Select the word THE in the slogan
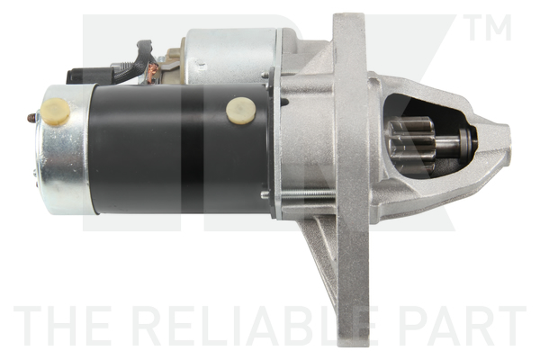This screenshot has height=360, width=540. pos(61,328)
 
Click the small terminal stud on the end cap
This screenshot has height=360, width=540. pos(32,118)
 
